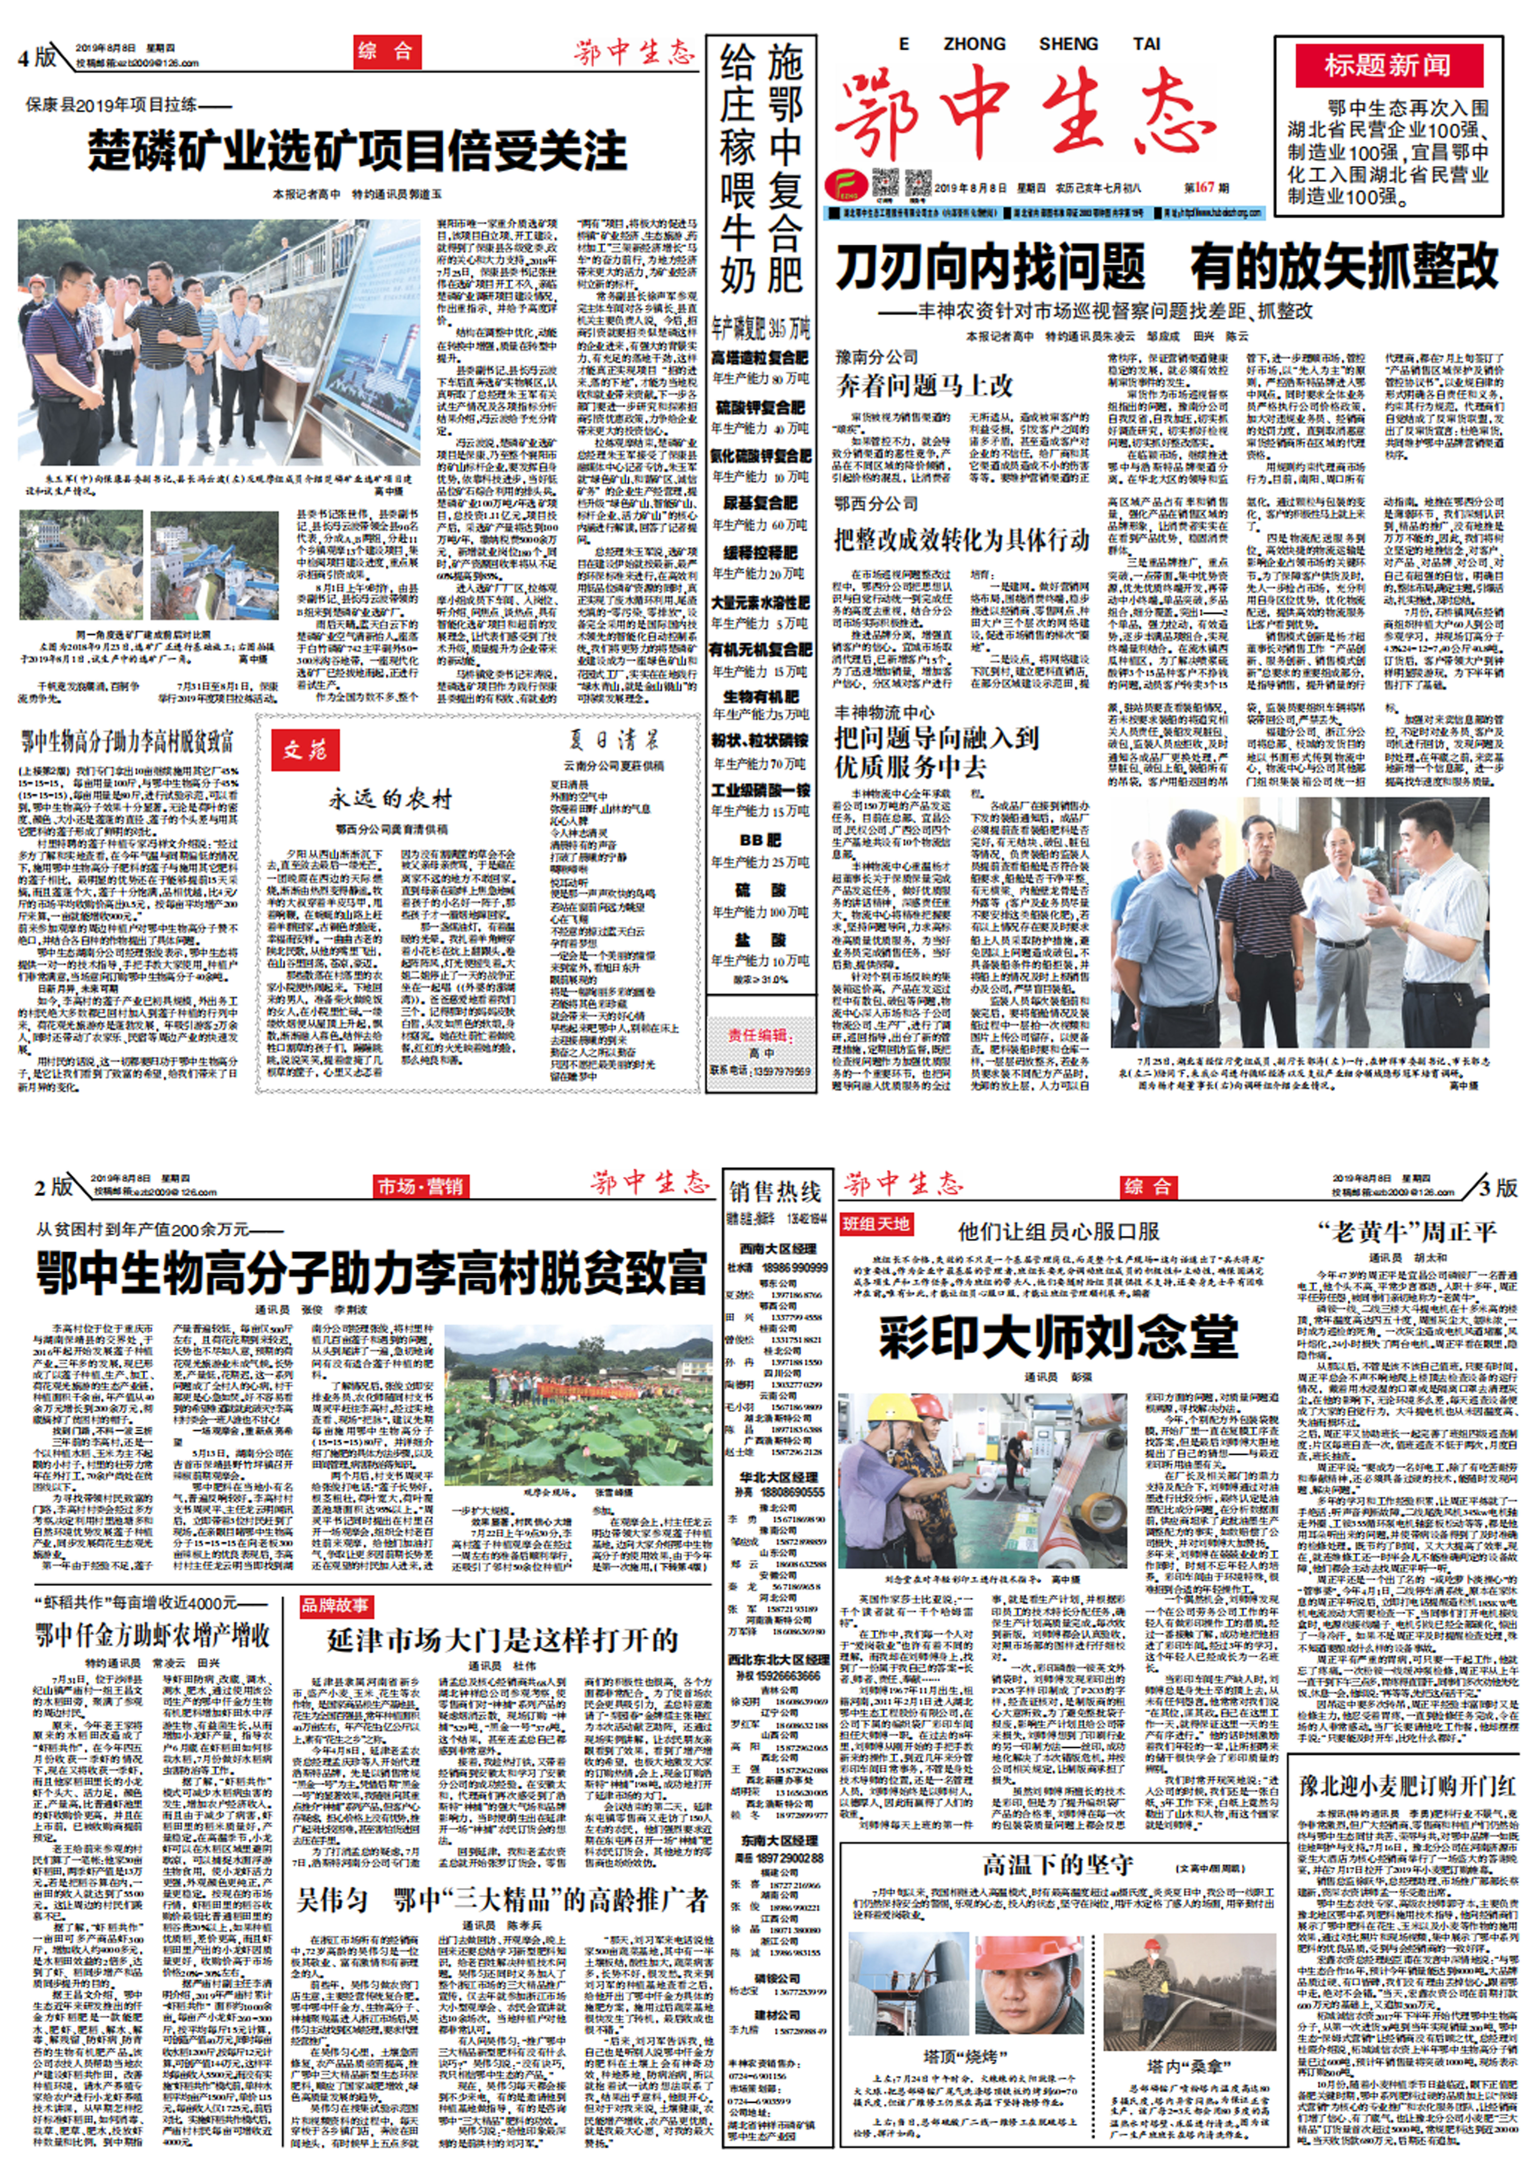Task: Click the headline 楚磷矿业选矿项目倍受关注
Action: coord(357,151)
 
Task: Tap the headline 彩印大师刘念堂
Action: coord(1057,1337)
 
